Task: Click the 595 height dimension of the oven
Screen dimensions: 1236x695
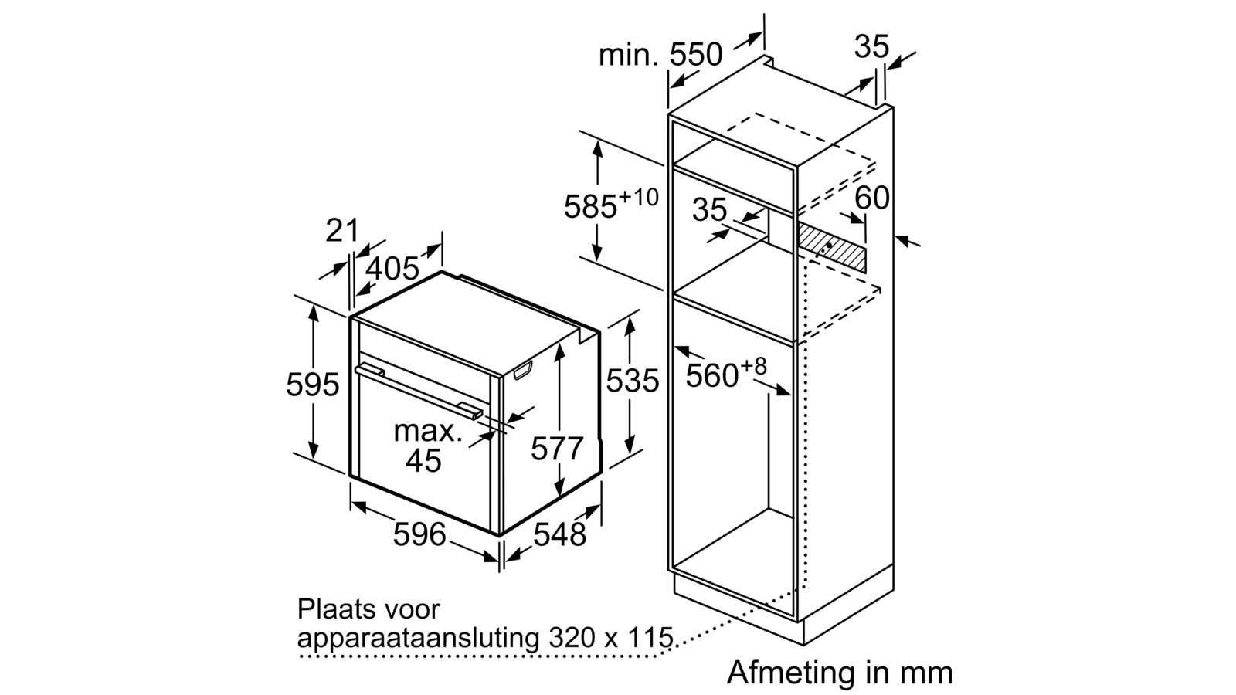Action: [312, 385]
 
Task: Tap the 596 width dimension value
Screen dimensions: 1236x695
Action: [419, 534]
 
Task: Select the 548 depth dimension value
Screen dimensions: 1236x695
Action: [559, 534]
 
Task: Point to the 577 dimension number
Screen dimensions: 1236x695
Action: [557, 448]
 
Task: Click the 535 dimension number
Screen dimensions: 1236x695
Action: [633, 380]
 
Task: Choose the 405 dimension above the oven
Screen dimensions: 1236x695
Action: [393, 269]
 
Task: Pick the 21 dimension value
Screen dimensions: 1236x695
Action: [342, 230]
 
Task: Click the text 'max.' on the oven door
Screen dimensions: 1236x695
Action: [428, 431]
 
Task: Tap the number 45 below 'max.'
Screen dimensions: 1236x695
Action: [424, 460]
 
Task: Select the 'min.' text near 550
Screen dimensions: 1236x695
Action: [629, 55]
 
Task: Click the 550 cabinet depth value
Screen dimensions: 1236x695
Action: [696, 55]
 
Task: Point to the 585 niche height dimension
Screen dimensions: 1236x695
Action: [590, 207]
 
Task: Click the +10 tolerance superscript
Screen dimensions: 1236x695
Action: [638, 197]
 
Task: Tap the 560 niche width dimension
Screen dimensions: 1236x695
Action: [711, 375]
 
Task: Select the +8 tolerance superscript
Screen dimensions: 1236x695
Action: [753, 366]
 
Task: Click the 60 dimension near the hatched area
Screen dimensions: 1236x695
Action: [872, 197]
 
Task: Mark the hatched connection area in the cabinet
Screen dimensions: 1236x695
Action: [831, 247]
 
